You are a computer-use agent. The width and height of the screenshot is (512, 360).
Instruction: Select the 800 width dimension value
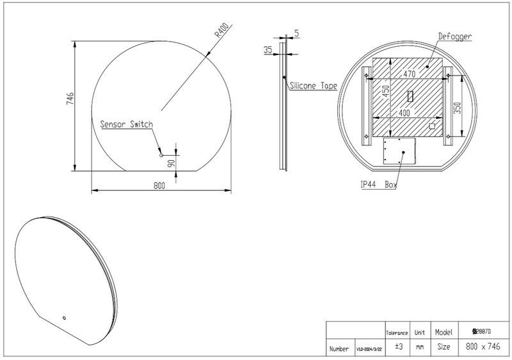(x=159, y=186)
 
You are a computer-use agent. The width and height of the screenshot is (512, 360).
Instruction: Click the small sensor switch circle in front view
(x=161, y=155)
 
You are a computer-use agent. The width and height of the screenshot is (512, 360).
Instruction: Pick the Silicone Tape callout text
(x=313, y=85)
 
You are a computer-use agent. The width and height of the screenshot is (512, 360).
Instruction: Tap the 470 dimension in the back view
(x=410, y=75)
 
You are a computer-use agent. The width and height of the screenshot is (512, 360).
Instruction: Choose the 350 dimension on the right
(x=456, y=108)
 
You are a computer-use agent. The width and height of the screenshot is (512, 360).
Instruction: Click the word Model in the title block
(x=445, y=333)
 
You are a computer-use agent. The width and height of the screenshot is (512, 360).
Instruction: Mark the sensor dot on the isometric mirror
(x=64, y=318)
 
